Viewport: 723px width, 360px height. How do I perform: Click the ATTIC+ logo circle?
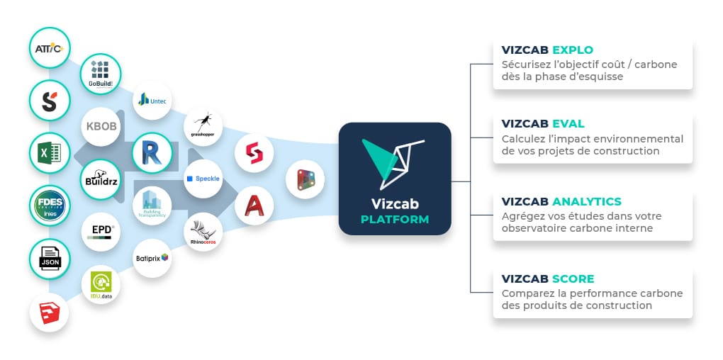[x=50, y=48]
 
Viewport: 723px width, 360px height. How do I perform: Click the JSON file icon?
[x=50, y=259]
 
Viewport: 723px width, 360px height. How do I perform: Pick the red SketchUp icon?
[x=50, y=312]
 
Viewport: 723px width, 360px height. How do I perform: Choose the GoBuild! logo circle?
[x=101, y=74]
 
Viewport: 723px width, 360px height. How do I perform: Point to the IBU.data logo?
[x=101, y=285]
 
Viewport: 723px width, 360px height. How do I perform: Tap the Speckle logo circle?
[x=203, y=179]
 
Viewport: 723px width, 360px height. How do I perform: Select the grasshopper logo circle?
[x=203, y=126]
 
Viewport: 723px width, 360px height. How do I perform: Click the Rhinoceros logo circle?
[x=203, y=232]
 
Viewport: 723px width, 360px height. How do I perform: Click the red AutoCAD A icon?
[x=254, y=206]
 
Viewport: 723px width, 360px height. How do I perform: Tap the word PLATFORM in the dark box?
[x=395, y=219]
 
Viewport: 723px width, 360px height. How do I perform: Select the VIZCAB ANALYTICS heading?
[x=561, y=201]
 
